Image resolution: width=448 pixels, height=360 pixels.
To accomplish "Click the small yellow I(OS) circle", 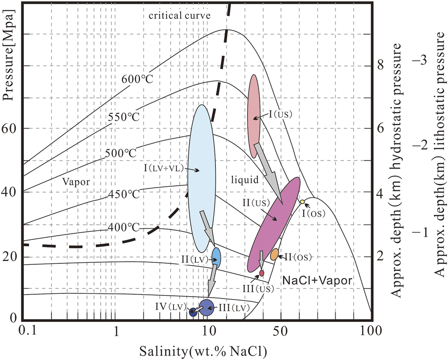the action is click(x=302, y=202).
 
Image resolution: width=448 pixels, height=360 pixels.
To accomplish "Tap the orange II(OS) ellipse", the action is click(x=275, y=254).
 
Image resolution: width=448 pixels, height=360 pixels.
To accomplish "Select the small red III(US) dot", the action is click(x=262, y=273).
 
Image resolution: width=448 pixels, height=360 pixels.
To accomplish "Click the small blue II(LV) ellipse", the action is click(x=216, y=257).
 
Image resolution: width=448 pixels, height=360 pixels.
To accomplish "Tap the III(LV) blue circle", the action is click(x=206, y=308).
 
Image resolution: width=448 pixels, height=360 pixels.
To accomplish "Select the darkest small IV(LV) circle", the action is click(x=193, y=312).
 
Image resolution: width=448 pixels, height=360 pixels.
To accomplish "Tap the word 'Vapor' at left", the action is click(x=76, y=181).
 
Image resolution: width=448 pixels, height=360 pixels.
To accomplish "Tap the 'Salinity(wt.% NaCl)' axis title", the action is click(x=203, y=350).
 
